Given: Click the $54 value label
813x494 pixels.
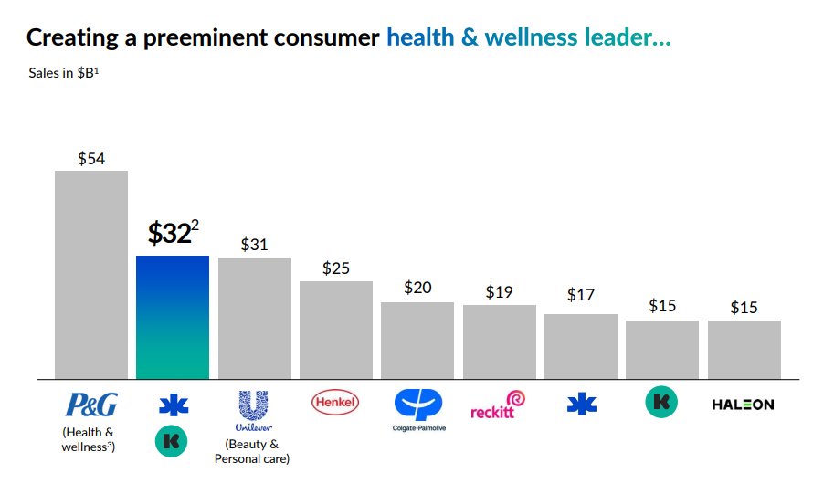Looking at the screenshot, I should tap(91, 159).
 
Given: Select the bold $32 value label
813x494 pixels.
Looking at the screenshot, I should tap(170, 234).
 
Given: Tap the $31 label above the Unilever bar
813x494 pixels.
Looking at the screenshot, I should tap(255, 245).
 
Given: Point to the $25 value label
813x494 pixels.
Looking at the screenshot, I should tap(336, 268).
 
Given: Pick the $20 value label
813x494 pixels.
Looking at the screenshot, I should tap(417, 288).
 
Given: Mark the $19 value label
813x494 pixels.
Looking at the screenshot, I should tap(499, 292).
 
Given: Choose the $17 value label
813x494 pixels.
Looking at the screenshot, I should tap(581, 295).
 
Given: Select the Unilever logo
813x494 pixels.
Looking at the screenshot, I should tap(254, 411).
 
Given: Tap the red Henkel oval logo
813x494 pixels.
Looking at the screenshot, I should tap(336, 402).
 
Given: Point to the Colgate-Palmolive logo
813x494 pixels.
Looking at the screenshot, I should tap(417, 407).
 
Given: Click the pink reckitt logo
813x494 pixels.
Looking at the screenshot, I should tap(499, 405).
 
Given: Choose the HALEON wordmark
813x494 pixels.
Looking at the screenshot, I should tap(743, 405).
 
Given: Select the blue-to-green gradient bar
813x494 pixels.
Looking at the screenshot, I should tap(173, 317).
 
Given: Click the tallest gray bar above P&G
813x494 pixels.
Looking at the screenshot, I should tap(91, 274).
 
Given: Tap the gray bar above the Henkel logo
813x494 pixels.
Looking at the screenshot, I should tap(336, 330).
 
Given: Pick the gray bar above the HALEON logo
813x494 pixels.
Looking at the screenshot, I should tap(744, 349).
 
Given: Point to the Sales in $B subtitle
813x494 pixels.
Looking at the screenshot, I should tap(63, 73).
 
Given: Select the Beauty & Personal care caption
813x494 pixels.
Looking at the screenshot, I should tap(252, 451).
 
